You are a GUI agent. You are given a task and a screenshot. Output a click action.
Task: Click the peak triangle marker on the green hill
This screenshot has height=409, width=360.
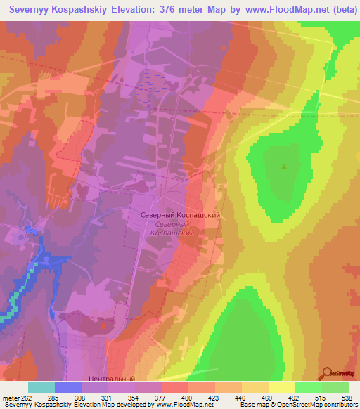coord(284,167)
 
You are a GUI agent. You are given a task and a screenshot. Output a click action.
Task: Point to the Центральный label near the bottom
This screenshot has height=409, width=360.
coord(112,379)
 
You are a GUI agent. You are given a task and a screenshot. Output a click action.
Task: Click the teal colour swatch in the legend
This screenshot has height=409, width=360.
coord(41,387)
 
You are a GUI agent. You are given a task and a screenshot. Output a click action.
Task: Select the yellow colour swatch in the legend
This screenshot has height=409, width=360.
coord(281,387)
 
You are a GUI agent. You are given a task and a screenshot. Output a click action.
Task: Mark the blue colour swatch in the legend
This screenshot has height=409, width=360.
coord(67,387)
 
